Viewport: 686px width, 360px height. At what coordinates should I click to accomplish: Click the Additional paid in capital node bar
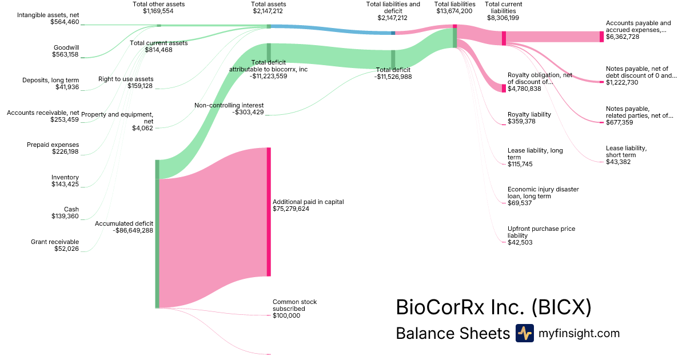[269, 211]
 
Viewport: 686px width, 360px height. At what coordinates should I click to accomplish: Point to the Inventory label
[65, 177]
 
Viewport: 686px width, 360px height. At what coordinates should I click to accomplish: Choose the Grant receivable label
[55, 242]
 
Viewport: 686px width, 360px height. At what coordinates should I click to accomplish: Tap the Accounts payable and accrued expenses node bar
[601, 37]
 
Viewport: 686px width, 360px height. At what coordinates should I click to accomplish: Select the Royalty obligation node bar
[504, 88]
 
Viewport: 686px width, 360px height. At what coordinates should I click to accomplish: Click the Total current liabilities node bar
[504, 38]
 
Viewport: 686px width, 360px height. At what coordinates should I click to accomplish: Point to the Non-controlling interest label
[229, 105]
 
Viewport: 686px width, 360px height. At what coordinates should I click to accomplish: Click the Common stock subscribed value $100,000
[286, 315]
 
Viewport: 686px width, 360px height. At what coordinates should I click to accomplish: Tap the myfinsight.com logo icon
[524, 333]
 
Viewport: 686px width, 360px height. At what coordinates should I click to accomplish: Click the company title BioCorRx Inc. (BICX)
[493, 307]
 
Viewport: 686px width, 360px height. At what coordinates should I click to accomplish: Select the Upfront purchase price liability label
[541, 232]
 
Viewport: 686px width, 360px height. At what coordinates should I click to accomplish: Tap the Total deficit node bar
[393, 59]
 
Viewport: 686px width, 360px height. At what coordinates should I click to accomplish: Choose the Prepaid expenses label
[53, 145]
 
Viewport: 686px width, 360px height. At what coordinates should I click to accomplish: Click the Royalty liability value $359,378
[521, 121]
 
